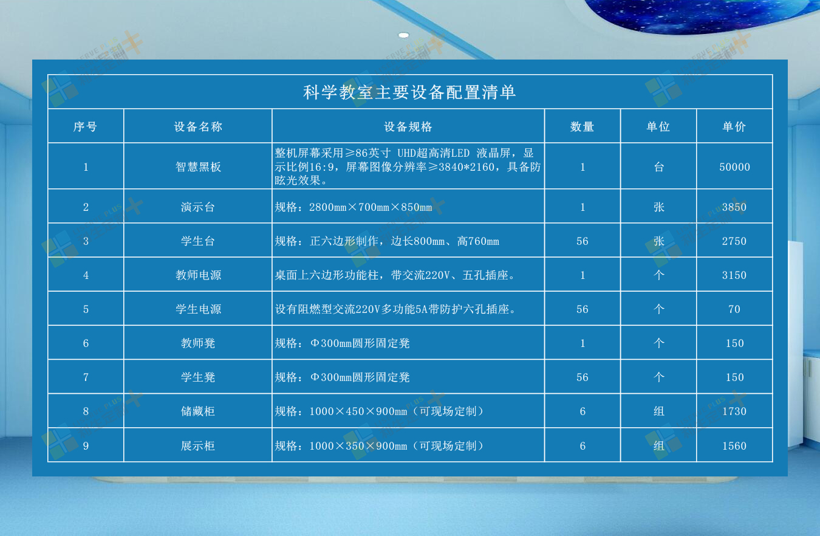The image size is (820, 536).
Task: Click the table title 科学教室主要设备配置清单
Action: coord(409,92)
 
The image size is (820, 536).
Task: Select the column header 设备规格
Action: coord(408,127)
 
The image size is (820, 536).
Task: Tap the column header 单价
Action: coord(734,127)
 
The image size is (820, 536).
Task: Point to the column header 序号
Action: coord(85,127)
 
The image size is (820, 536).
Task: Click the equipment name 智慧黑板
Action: coord(198,167)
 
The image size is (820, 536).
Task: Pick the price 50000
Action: coord(734,167)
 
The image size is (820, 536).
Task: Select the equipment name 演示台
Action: coord(197,207)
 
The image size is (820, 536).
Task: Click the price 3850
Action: coord(734,207)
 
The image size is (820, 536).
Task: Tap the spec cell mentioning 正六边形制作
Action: coord(387,241)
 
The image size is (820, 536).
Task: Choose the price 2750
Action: coord(734,241)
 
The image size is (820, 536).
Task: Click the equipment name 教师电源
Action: coord(198,275)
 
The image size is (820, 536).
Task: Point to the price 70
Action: coord(734,309)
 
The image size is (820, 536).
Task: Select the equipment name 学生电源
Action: coord(198,309)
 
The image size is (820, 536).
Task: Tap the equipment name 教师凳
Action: coord(197,343)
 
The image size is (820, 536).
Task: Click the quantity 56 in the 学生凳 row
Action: coord(583,377)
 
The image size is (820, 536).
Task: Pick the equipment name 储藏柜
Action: coord(197,411)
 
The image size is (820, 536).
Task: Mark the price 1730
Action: coord(734,411)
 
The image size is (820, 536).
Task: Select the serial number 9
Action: coord(86,446)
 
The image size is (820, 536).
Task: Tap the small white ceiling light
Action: coord(403,35)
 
